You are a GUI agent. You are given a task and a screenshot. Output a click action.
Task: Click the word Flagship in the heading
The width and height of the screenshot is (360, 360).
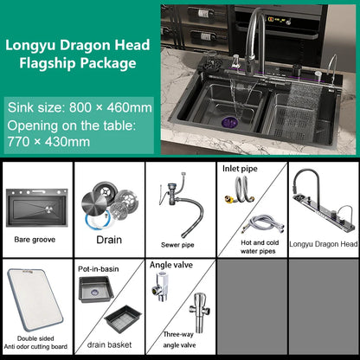coord(48,63)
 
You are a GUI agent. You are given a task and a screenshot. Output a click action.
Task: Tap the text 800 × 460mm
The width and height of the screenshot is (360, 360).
coord(111,107)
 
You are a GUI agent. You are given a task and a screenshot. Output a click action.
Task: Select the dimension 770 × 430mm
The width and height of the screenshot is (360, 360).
coord(48,142)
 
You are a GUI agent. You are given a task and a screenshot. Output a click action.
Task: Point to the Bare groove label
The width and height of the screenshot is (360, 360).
coord(35,240)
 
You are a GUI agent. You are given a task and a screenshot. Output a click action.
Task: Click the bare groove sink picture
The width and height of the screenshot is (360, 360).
coord(37,208)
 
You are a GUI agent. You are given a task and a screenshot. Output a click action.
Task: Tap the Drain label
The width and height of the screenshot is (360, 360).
coord(109,240)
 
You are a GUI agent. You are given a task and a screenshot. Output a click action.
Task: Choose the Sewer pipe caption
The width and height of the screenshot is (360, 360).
coord(177,245)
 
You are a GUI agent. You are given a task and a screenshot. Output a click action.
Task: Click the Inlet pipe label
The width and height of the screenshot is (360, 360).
coord(240,169)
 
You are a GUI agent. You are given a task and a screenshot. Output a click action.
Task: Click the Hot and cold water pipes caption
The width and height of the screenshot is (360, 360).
coord(259,247)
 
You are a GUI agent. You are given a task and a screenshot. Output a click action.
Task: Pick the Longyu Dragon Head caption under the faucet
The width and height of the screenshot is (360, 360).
coord(324,244)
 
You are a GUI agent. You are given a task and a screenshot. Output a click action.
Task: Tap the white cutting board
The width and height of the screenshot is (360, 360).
coord(35,299)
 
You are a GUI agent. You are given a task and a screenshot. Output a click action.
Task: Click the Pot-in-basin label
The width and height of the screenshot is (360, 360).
coord(99,269)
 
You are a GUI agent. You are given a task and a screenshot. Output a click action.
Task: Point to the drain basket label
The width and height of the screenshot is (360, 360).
coord(109,344)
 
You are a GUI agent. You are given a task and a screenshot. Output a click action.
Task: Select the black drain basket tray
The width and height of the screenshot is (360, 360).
coord(123,319)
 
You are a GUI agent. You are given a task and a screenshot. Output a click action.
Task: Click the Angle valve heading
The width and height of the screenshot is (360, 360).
coord(171,265)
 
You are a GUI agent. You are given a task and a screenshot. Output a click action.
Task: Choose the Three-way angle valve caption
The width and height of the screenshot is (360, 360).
coord(179,339)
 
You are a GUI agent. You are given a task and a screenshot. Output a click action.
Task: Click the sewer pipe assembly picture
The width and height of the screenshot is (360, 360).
coord(180,204)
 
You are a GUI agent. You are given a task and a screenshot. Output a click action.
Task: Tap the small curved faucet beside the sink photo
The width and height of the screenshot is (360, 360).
coord(332,69)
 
